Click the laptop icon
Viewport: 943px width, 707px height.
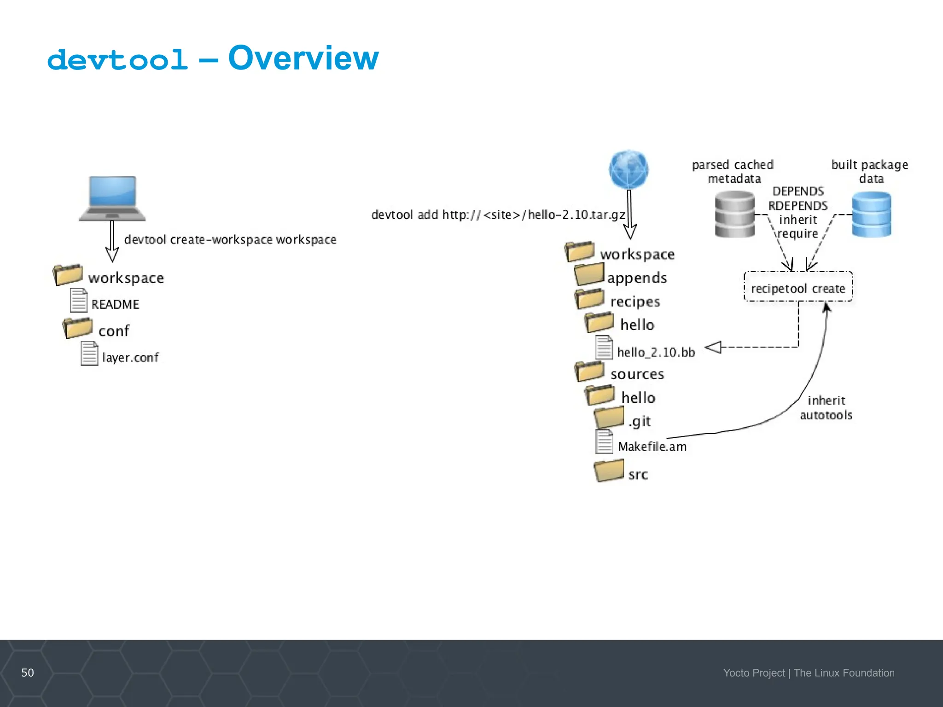point(112,198)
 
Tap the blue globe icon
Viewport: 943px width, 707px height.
point(629,169)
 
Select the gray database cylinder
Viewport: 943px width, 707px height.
point(734,214)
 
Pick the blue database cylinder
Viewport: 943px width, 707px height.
point(871,214)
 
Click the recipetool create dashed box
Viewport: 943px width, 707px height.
point(798,287)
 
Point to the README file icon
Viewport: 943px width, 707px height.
point(78,301)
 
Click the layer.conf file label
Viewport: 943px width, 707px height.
point(130,357)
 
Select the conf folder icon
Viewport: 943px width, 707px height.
point(78,328)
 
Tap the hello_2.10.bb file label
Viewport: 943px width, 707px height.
point(656,352)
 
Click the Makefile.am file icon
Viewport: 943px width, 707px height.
point(604,442)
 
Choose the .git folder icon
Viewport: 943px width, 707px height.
point(609,418)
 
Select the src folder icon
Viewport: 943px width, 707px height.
point(609,471)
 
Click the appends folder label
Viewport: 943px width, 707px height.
point(637,278)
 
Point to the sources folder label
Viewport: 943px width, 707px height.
point(637,374)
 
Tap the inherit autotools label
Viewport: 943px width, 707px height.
point(826,407)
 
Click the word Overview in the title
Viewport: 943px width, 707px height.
point(303,58)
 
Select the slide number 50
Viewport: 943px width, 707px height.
point(28,672)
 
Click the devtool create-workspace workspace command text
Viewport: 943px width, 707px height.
point(230,239)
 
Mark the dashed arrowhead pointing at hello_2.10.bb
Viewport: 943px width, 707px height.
point(713,347)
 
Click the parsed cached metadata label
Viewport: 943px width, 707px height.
point(733,171)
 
